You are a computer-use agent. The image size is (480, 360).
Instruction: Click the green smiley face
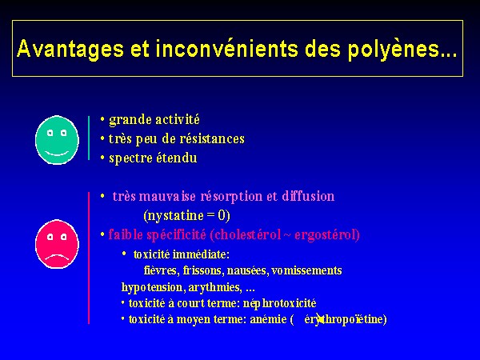pyautogui.click(x=57, y=140)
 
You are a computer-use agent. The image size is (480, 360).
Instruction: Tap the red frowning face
pyautogui.click(x=57, y=244)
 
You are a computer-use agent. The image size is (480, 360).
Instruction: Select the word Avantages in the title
pyautogui.click(x=70, y=49)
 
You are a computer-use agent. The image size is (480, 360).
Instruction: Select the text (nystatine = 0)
pyautogui.click(x=186, y=215)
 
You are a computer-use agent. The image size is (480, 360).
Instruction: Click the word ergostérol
pyautogui.click(x=327, y=235)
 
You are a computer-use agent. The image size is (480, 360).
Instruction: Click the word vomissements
pyautogui.click(x=306, y=270)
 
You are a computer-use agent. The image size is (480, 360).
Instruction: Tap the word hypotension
pyautogui.click(x=152, y=287)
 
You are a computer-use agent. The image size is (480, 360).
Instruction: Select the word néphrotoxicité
pyautogui.click(x=279, y=303)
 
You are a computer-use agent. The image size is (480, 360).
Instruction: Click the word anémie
pyautogui.click(x=268, y=319)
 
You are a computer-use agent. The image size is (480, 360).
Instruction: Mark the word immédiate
pyautogui.click(x=201, y=254)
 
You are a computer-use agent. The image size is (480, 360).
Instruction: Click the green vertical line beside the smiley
pyautogui.click(x=89, y=138)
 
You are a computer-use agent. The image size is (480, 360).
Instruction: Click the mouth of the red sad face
pyautogui.click(x=57, y=257)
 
